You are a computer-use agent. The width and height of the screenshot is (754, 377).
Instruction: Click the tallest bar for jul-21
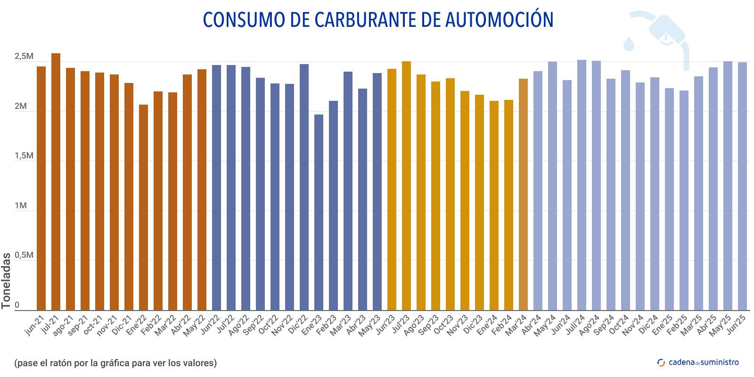(x=56, y=181)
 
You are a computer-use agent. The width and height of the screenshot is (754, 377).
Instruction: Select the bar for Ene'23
(x=319, y=212)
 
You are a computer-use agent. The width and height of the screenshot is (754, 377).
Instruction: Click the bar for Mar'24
(x=523, y=194)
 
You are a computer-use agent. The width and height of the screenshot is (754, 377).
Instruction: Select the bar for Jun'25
(x=742, y=186)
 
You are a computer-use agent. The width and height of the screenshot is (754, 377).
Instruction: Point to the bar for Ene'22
(x=143, y=207)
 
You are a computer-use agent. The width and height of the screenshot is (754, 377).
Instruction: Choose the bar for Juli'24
(x=582, y=185)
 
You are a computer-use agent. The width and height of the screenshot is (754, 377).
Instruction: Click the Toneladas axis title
(x=6, y=281)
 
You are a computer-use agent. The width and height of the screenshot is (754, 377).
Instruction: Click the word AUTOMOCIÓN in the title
(x=499, y=20)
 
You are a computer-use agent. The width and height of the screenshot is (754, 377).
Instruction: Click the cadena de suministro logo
(x=698, y=362)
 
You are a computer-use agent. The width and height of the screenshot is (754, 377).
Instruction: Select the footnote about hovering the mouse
(x=115, y=363)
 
